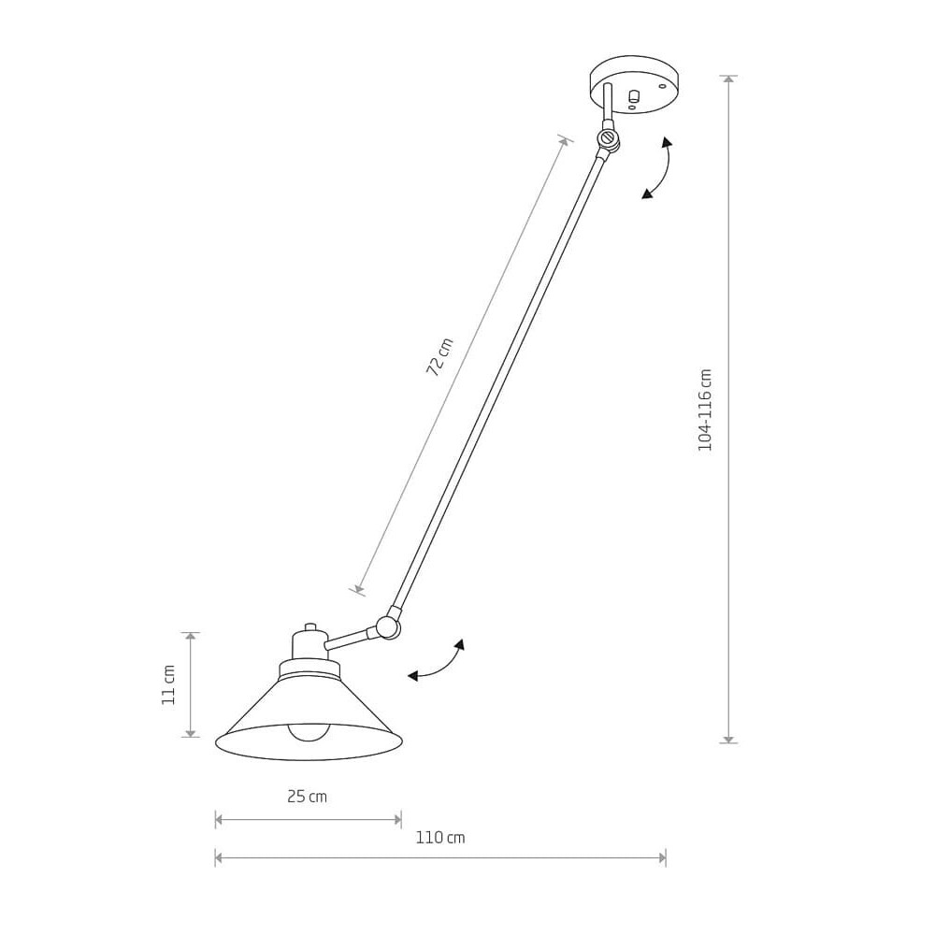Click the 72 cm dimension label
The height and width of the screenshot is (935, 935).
click(x=440, y=356)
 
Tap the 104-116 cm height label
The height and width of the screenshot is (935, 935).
click(x=705, y=410)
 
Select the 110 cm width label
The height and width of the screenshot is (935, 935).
click(x=440, y=838)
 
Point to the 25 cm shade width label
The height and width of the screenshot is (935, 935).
click(x=307, y=797)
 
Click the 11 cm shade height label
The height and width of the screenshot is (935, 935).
click(x=168, y=685)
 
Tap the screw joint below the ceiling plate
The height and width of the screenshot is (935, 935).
click(x=609, y=139)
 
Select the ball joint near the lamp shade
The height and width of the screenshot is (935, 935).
click(x=387, y=626)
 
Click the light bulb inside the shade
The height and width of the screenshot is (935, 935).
click(x=309, y=732)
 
